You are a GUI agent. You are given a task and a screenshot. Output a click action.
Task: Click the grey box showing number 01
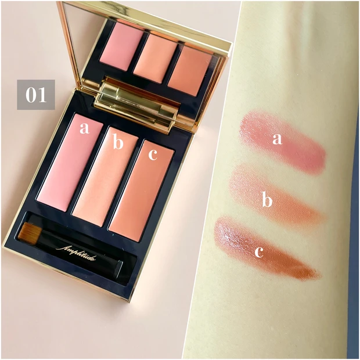tap(36, 95)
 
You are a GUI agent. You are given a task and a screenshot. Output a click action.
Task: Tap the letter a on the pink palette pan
tap(84, 128)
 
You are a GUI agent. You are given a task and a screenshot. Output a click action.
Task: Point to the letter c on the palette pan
tap(153, 155)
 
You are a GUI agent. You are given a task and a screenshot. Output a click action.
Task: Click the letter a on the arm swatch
tap(277, 139)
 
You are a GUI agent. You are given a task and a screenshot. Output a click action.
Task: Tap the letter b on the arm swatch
tap(267, 200)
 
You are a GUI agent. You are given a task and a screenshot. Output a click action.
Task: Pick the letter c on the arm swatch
tap(259, 252)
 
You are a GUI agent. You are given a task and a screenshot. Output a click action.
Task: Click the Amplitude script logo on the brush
tap(75, 253)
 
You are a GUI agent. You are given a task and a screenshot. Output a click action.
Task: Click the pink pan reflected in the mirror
tap(121, 46)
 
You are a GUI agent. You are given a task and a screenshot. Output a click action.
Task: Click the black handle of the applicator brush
tap(78, 253)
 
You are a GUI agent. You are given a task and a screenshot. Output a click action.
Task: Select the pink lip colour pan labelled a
tap(70, 163)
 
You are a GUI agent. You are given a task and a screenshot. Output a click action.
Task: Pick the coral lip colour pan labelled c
tap(142, 191)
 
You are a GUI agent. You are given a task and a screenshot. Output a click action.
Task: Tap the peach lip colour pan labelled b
tap(106, 177)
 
